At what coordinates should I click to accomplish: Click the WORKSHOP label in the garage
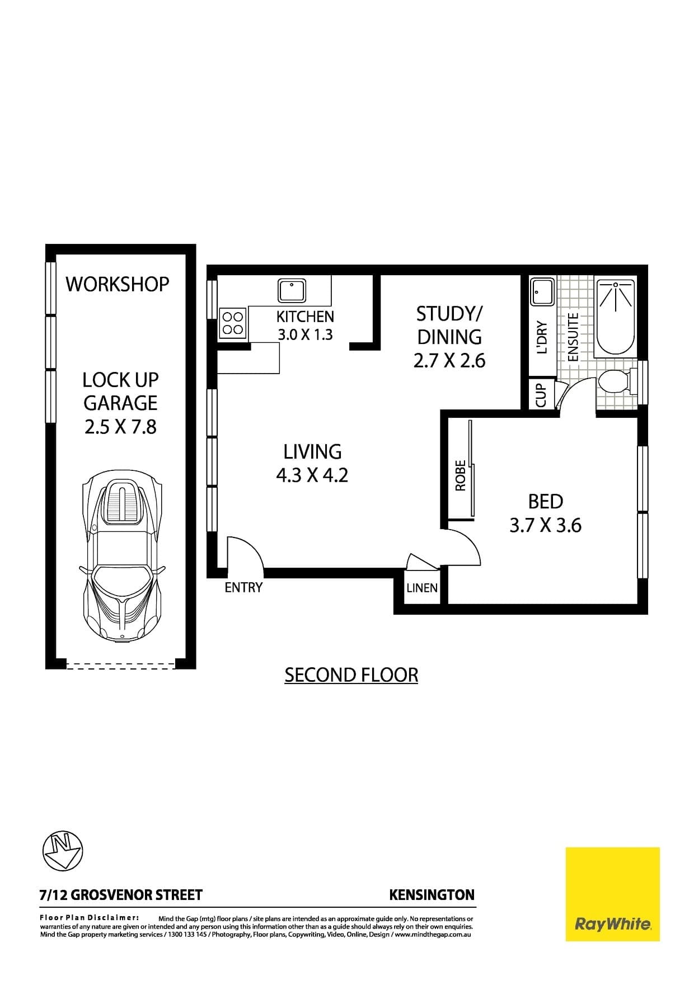(x=118, y=284)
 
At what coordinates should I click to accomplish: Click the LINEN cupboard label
(x=422, y=588)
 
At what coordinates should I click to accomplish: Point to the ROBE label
(x=461, y=475)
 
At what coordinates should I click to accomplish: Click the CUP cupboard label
(x=541, y=395)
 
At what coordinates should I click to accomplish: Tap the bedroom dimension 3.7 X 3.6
(x=545, y=526)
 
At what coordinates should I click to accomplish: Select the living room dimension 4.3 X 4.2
(x=312, y=475)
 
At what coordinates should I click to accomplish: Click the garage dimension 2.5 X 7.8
(x=120, y=427)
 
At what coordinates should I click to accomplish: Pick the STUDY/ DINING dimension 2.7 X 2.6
(x=449, y=361)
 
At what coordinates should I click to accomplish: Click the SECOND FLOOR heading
(x=351, y=675)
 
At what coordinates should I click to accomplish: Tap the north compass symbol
(x=63, y=851)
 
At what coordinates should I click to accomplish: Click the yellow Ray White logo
(x=612, y=894)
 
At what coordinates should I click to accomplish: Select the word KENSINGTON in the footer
(x=432, y=895)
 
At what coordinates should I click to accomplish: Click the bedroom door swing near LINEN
(x=462, y=548)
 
